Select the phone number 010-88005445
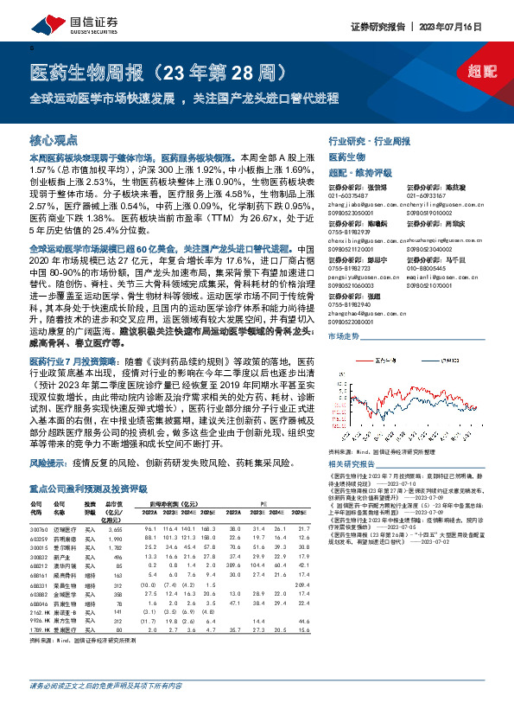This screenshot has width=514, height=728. coord(426,268)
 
